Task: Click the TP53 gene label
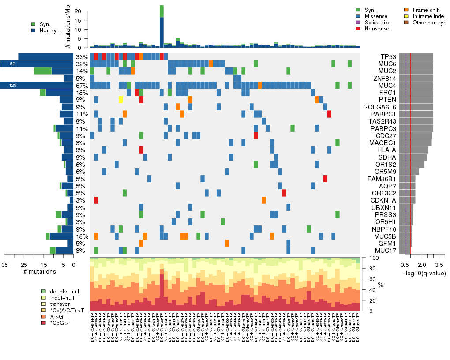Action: (x=388, y=56)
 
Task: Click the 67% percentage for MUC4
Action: (x=82, y=85)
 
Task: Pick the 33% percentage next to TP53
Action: (x=82, y=56)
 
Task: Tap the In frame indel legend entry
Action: (x=424, y=16)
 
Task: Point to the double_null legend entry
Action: (x=62, y=292)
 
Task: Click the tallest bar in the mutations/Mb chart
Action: (x=162, y=26)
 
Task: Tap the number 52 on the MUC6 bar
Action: (x=12, y=64)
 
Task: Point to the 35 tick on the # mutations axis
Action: (x=4, y=264)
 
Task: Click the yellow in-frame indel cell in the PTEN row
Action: (x=120, y=99)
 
